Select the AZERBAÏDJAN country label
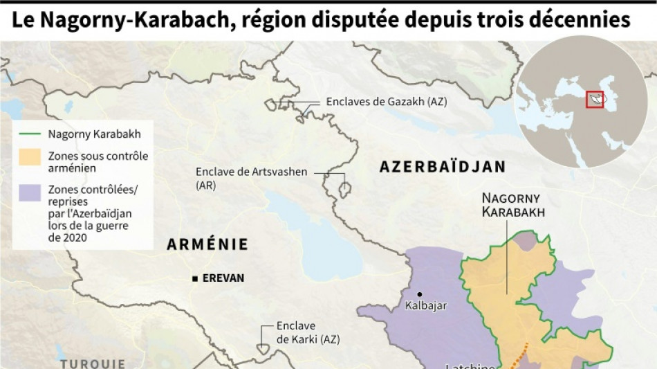pyautogui.click(x=442, y=167)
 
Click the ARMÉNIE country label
pyautogui.click(x=207, y=244)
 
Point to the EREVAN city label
pyautogui.click(x=223, y=278)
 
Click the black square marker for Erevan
pyautogui.click(x=196, y=278)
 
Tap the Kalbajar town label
pyautogui.click(x=426, y=305)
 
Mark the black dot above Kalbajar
pyautogui.click(x=419, y=294)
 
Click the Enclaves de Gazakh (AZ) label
pyautogui.click(x=387, y=102)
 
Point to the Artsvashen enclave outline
pyautogui.click(x=344, y=188)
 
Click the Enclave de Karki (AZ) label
pyautogui.click(x=295, y=332)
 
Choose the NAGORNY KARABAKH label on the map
pyautogui.click(x=513, y=205)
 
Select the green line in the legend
pyautogui.click(x=30, y=134)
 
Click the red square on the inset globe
pyautogui.click(x=594, y=99)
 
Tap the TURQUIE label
pyautogui.click(x=93, y=363)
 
